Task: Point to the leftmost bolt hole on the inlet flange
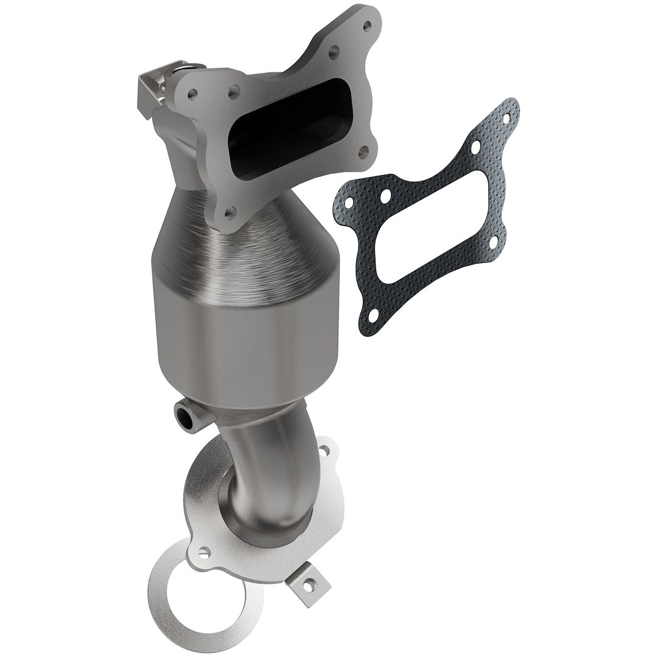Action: pyautogui.click(x=192, y=94)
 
